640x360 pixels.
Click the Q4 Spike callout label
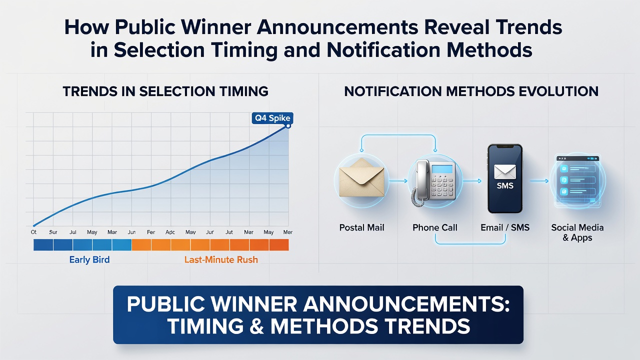pyautogui.click(x=272, y=118)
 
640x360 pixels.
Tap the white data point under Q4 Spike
pyautogui.click(x=288, y=126)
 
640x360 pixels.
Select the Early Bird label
pyautogui.click(x=89, y=259)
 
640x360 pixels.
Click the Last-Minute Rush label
pyautogui.click(x=221, y=259)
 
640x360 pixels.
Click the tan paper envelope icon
pyautogui.click(x=361, y=177)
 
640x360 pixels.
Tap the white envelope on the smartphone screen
pyautogui.click(x=505, y=172)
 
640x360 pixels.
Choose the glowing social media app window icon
pyautogui.click(x=577, y=180)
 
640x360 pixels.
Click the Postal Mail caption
pyautogui.click(x=361, y=227)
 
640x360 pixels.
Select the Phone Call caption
pyautogui.click(x=435, y=227)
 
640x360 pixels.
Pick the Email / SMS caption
pyautogui.click(x=505, y=227)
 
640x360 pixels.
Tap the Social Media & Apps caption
pyautogui.click(x=577, y=232)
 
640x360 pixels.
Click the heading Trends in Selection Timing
pyautogui.click(x=165, y=91)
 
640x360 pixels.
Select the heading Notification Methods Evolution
pyautogui.click(x=471, y=91)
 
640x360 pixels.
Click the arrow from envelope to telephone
pyautogui.click(x=398, y=181)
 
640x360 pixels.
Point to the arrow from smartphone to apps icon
pyautogui.click(x=539, y=181)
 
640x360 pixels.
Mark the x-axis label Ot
pyautogui.click(x=33, y=232)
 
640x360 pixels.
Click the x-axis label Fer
pyautogui.click(x=151, y=232)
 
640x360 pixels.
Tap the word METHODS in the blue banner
pyautogui.click(x=324, y=326)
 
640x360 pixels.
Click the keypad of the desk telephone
pyautogui.click(x=442, y=185)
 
